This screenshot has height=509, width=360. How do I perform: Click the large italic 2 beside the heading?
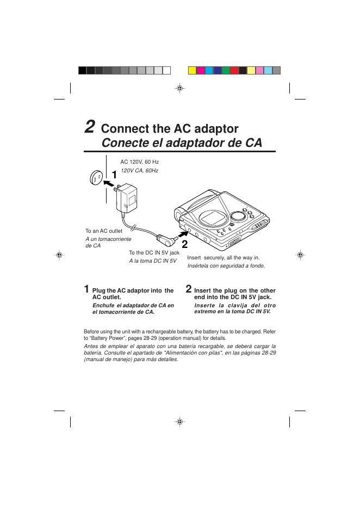click(x=90, y=127)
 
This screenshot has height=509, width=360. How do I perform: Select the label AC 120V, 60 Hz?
click(x=140, y=162)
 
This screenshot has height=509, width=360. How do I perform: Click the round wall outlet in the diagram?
click(x=96, y=178)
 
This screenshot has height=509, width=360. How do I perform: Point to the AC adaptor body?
click(x=127, y=198)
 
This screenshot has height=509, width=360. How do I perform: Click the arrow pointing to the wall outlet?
click(x=109, y=183)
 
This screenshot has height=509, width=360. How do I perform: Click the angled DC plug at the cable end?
click(x=166, y=240)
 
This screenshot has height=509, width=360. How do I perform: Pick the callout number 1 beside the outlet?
click(x=114, y=175)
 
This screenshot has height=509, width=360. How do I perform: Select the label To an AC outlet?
click(x=104, y=231)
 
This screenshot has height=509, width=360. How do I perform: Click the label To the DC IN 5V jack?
click(x=154, y=252)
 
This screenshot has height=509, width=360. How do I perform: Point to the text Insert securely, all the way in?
click(x=224, y=258)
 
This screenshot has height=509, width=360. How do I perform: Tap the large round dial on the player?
click(x=239, y=216)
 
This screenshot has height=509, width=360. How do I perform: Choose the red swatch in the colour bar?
click(x=234, y=71)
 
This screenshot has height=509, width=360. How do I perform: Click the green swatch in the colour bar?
click(x=226, y=71)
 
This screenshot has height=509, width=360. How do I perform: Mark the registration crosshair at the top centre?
click(x=180, y=88)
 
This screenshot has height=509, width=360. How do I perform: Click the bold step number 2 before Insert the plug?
click(x=189, y=289)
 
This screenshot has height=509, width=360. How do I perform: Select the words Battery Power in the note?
click(x=105, y=338)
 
